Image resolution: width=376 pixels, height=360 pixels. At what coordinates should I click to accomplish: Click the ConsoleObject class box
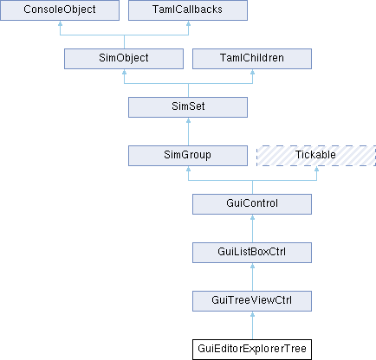tap(60, 10)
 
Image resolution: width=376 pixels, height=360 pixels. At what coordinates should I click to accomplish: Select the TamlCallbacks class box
tap(188, 10)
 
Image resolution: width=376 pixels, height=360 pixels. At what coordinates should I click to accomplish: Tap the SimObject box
tap(124, 59)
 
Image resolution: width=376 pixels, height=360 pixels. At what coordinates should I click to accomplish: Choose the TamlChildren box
tap(252, 59)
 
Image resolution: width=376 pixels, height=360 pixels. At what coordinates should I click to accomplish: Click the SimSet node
tap(188, 107)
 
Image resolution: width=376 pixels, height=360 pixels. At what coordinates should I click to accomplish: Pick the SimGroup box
tap(188, 156)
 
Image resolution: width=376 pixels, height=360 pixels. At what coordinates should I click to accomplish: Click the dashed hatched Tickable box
tap(316, 156)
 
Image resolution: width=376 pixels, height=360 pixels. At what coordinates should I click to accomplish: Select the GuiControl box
tap(252, 204)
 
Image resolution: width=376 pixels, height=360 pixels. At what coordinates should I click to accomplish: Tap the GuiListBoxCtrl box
tap(252, 253)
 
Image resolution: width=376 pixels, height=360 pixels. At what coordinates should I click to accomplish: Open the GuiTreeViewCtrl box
tap(252, 301)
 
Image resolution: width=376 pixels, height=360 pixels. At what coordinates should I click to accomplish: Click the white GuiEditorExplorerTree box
tap(252, 350)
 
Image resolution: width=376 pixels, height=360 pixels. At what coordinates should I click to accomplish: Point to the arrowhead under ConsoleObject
tap(60, 23)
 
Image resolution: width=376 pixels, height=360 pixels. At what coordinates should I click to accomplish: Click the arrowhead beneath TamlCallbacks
tap(188, 23)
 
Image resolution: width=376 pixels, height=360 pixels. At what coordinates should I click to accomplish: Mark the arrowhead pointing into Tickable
tap(316, 169)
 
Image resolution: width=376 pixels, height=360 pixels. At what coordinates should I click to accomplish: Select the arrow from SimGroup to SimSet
tap(188, 132)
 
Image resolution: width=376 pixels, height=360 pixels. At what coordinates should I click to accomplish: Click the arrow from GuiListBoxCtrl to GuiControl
tap(252, 228)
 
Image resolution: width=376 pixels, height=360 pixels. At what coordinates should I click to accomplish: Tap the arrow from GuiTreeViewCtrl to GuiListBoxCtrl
tap(252, 277)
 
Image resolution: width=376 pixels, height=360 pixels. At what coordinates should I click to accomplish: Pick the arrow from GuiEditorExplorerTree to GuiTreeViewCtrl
tap(252, 325)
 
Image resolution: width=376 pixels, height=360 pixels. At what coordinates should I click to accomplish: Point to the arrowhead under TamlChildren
tap(252, 72)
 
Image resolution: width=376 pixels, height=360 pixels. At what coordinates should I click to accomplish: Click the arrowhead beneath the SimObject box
tap(124, 72)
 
